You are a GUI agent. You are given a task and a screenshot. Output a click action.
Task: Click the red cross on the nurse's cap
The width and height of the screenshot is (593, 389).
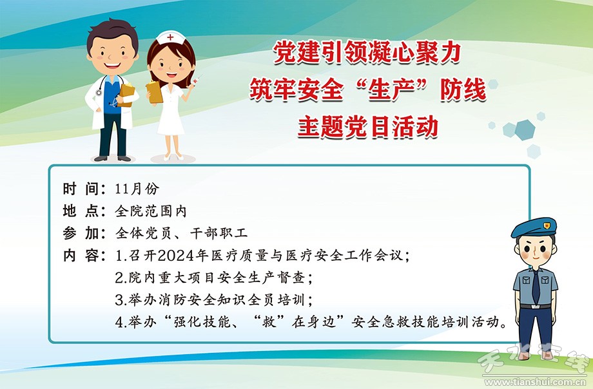pos(171,37)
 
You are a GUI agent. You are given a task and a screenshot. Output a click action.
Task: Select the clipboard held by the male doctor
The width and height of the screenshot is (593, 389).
pos(127,95)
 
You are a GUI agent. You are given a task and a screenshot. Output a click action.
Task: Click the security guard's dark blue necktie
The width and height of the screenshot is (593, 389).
pos(536,287)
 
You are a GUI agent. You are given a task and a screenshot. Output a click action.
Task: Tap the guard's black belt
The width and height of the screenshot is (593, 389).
pos(535,306)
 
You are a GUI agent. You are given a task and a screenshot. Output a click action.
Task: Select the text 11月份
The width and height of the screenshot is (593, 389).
pos(137,189)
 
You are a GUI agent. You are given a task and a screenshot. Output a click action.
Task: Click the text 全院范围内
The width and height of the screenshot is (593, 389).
pos(151,211)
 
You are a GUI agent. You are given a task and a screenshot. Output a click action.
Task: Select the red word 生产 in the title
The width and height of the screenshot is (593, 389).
pos(392,90)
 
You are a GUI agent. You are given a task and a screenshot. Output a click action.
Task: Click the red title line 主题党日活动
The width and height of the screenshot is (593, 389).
pos(368,127)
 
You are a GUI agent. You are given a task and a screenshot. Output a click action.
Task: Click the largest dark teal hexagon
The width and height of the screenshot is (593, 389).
pos(525,129)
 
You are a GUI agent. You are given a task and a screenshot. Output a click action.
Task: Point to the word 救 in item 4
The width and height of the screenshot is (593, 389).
pos(269,322)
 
